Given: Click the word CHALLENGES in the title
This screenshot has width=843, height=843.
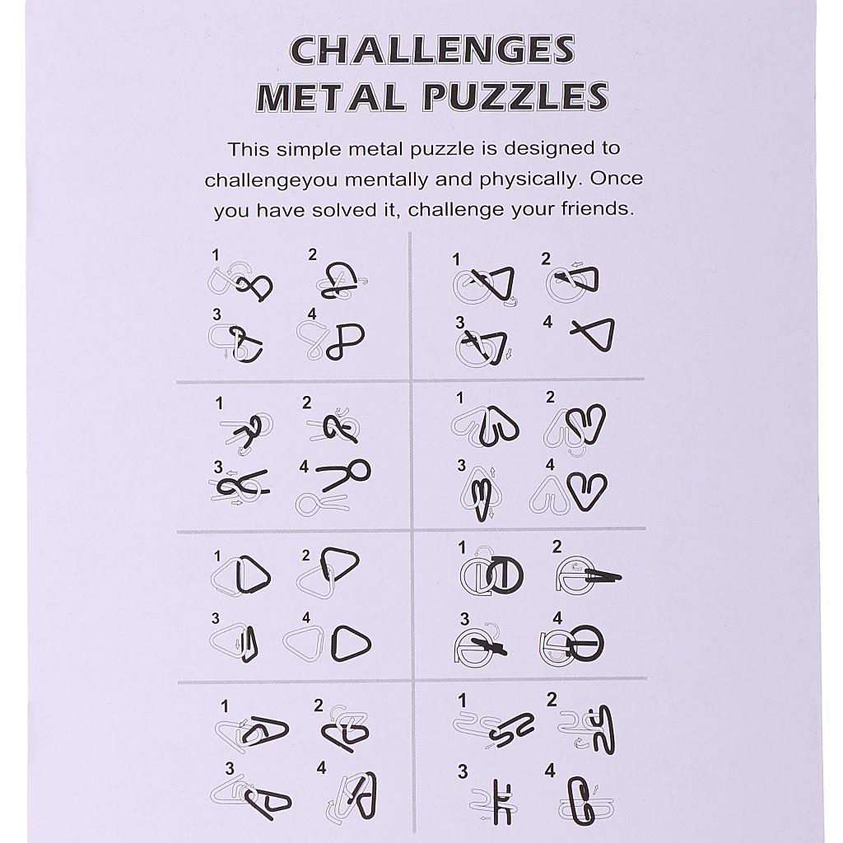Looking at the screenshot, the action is [x=432, y=50].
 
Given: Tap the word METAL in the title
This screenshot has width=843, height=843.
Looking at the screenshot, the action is [x=330, y=97].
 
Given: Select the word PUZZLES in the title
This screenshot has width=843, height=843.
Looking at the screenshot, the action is [x=515, y=97].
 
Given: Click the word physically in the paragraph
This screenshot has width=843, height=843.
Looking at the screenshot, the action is [x=531, y=179].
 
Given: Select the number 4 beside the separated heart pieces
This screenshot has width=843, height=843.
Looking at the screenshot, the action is [x=549, y=464].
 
